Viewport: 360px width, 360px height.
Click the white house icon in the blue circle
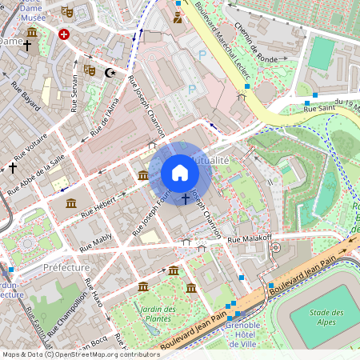pyautogui.click(x=180, y=173)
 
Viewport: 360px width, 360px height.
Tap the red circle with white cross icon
pyautogui.click(x=64, y=35)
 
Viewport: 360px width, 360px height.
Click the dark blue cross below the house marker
pyautogui.click(x=186, y=198)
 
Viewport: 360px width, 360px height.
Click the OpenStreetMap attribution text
pyautogui.click(x=80, y=354)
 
